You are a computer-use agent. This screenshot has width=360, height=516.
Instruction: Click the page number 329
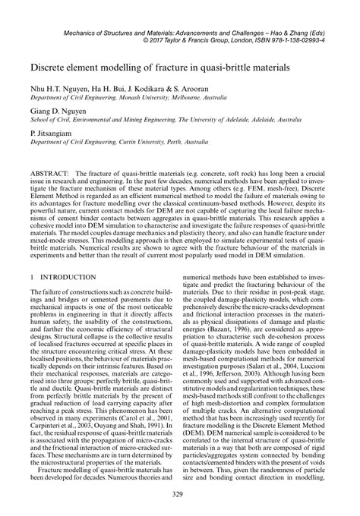pyautogui.click(x=180, y=495)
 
